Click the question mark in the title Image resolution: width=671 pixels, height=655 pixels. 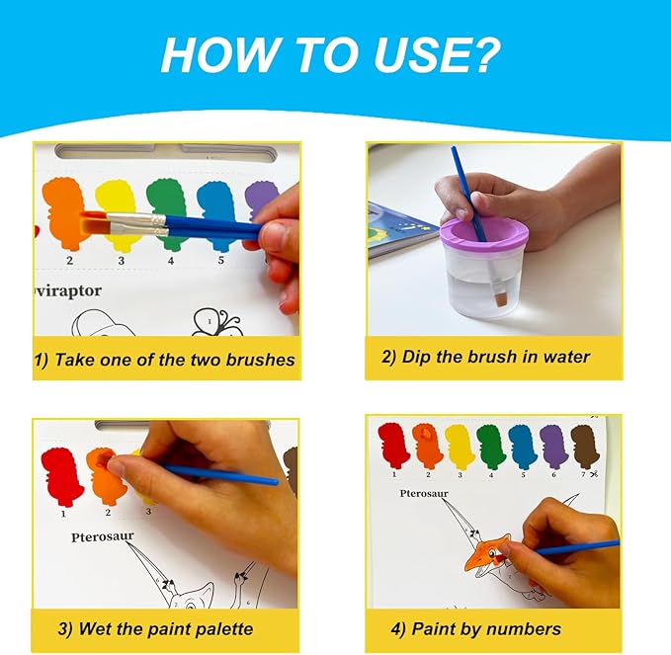coord(480,54)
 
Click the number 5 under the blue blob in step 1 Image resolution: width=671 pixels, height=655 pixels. coord(220,260)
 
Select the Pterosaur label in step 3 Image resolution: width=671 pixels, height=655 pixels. coord(102,536)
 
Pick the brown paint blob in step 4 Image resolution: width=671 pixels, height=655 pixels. coord(585,446)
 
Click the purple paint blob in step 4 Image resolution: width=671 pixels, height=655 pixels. coord(553,447)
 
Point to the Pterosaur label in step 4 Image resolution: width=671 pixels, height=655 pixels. coord(424,493)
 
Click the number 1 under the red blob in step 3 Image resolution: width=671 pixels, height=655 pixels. coord(63,514)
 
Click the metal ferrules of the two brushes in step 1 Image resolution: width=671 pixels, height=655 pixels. coord(136,224)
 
